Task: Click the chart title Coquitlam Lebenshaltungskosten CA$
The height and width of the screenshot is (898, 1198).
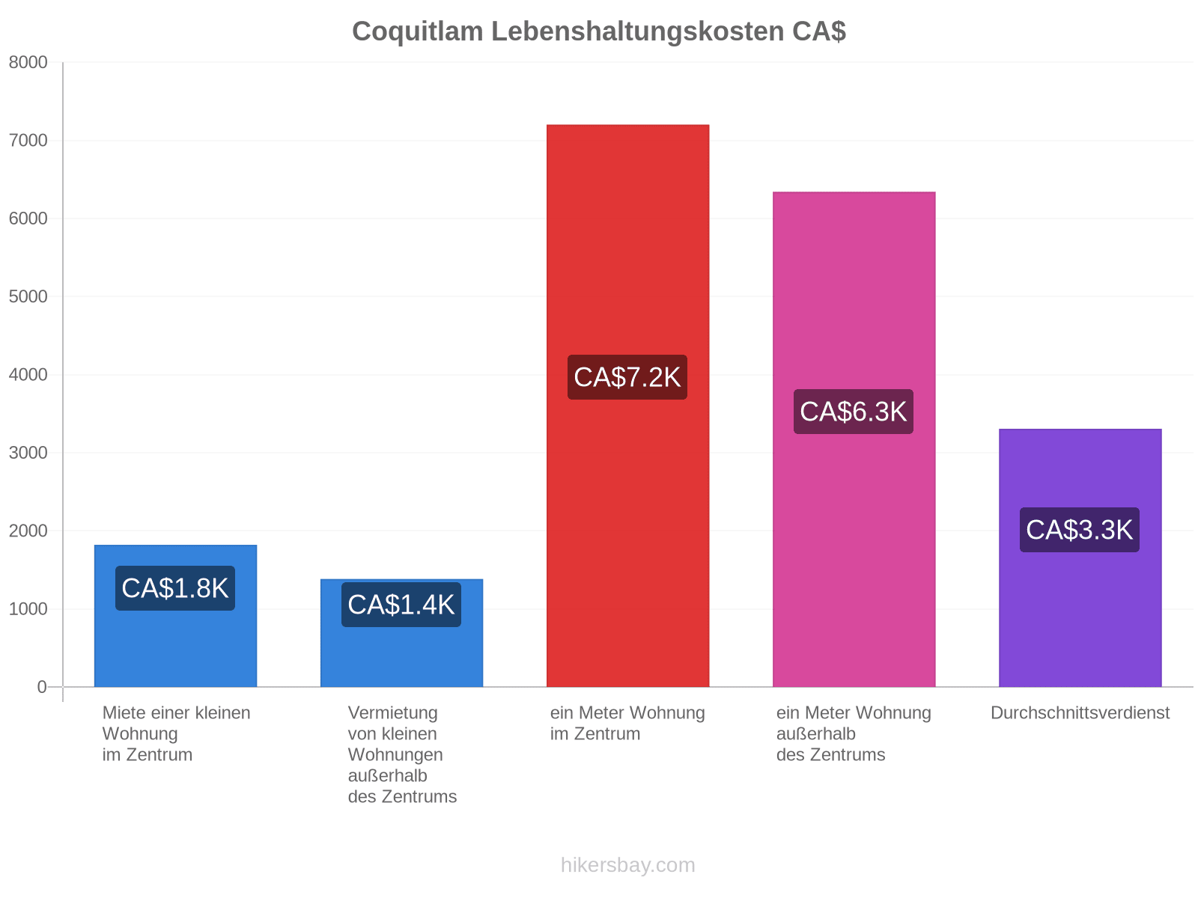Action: click(599, 31)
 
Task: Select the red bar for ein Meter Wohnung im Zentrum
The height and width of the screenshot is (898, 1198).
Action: click(627, 406)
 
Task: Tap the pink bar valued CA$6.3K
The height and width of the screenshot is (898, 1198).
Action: click(854, 439)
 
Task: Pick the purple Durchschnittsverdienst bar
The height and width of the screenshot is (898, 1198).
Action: click(1080, 558)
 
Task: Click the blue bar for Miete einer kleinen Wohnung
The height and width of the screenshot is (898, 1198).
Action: click(175, 616)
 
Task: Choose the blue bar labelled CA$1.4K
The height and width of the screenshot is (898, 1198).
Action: click(401, 633)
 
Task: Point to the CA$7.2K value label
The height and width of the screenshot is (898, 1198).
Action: click(627, 377)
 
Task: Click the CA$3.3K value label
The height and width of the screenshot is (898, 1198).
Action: click(1080, 530)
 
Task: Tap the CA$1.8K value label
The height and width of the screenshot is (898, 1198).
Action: click(174, 588)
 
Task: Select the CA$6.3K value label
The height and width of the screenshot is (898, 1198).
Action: click(853, 412)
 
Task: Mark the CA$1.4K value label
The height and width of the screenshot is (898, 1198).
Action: click(401, 605)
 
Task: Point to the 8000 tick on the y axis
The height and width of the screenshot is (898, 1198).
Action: click(28, 63)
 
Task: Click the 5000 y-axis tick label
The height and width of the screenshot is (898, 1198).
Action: click(28, 296)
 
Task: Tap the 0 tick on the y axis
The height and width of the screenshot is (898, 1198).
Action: click(42, 687)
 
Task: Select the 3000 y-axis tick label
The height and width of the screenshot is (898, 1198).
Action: click(28, 453)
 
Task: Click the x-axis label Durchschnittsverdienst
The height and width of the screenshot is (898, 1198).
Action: click(1080, 713)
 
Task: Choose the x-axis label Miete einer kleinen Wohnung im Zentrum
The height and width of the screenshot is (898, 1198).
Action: click(176, 734)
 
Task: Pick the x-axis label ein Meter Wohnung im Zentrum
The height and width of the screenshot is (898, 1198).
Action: click(627, 724)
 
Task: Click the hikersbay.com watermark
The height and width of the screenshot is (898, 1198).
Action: click(627, 865)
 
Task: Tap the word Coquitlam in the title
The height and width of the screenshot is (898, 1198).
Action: click(418, 31)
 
